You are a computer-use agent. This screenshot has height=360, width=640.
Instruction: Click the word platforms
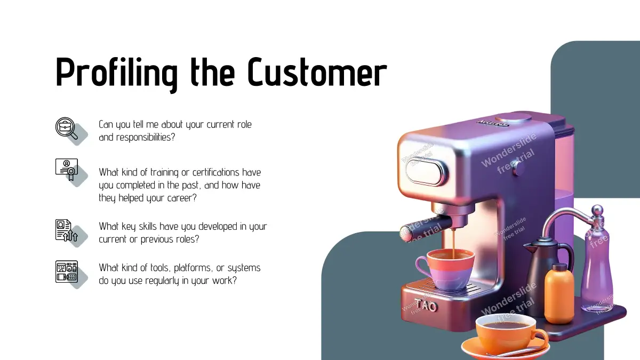[193, 268]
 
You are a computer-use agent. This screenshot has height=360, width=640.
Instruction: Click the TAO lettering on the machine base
[426, 305]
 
